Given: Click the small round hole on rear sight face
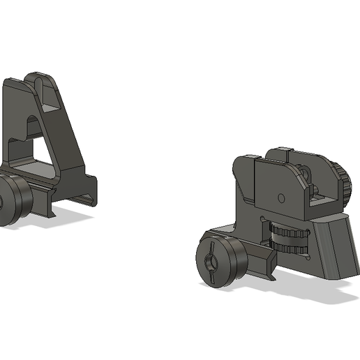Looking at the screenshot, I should click(x=280, y=196).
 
